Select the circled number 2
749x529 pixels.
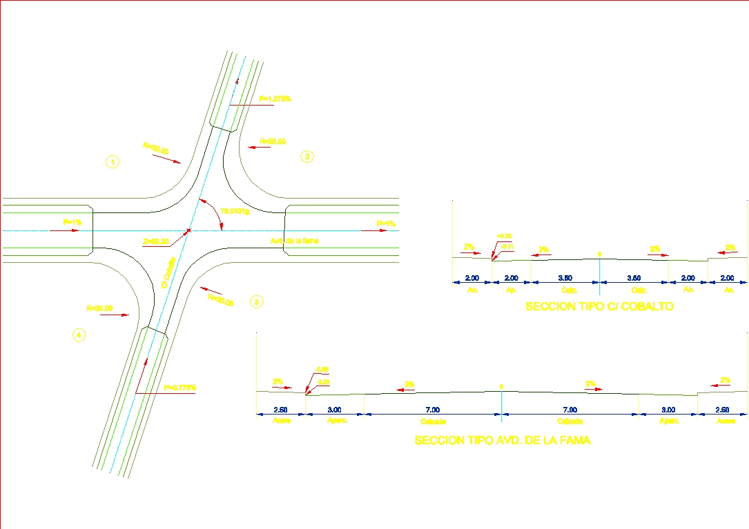(307, 157)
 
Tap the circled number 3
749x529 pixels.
(256, 301)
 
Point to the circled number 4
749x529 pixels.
(79, 335)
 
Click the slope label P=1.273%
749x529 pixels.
(275, 99)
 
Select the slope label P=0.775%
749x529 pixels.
(180, 388)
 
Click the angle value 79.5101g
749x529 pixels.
(234, 211)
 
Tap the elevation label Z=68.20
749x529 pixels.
(156, 241)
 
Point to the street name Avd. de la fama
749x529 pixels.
(295, 241)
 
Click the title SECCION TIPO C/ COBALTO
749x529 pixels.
(599, 306)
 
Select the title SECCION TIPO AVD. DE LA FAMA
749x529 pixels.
(503, 440)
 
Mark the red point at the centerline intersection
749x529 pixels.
(188, 230)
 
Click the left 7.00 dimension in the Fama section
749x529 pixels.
(431, 410)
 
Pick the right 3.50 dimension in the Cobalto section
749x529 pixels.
(634, 278)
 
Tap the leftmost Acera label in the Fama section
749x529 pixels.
(280, 421)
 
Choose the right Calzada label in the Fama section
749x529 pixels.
(571, 421)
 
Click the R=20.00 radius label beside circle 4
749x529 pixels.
(99, 308)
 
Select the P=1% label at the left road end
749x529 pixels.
(72, 222)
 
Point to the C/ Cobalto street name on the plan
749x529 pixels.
(167, 274)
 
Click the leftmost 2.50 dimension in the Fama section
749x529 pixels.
(280, 410)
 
